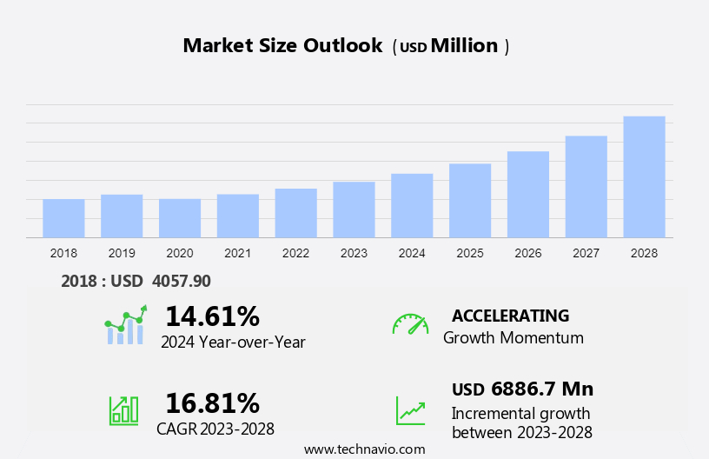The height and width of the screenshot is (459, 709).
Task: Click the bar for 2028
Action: (644, 176)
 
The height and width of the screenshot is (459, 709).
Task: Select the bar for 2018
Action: (63, 218)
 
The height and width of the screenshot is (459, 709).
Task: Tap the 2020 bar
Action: (180, 218)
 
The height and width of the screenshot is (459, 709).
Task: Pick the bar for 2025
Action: (470, 200)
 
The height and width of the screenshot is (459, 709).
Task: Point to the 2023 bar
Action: (354, 210)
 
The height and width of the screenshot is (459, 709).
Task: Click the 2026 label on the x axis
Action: (528, 254)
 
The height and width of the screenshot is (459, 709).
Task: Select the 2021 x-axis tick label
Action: (237, 254)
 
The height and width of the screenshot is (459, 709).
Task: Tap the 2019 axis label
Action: (122, 254)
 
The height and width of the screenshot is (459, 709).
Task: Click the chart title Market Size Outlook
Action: (282, 46)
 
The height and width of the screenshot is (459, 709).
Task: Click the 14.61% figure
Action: (212, 316)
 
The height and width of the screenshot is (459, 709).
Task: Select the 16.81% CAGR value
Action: (212, 403)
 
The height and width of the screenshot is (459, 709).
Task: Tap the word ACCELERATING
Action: (510, 316)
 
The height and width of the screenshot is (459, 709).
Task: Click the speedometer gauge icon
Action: (410, 324)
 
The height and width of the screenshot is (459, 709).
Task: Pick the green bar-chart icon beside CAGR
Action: (123, 410)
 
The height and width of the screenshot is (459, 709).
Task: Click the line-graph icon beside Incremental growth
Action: (410, 410)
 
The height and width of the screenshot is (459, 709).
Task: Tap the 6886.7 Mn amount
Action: (541, 389)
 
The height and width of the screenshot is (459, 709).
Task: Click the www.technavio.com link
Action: (364, 449)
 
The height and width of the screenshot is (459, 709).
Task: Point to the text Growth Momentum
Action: (513, 338)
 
